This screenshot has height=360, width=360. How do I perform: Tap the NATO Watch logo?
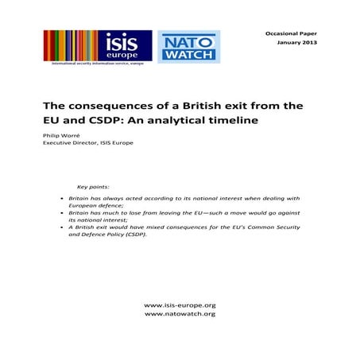pyautogui.click(x=188, y=48)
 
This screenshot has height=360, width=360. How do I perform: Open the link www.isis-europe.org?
pyautogui.click(x=180, y=305)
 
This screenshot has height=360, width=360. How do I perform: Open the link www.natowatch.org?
pyautogui.click(x=180, y=314)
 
